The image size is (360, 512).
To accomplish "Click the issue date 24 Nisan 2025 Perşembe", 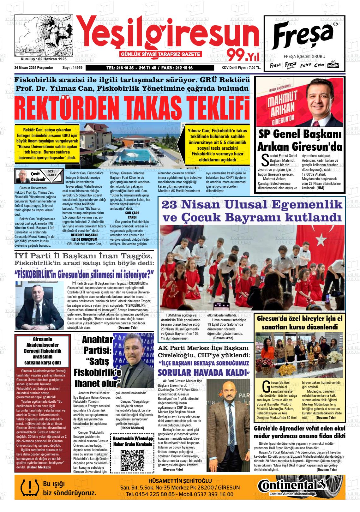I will click(x=33, y=68).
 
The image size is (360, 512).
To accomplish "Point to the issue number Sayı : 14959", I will click(x=72, y=68).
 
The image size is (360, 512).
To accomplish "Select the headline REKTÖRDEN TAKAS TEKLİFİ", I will click(x=132, y=108).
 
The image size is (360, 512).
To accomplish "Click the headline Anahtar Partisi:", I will click(x=97, y=345).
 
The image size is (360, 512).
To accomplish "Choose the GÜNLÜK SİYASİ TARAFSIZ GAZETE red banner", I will click(x=161, y=54).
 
